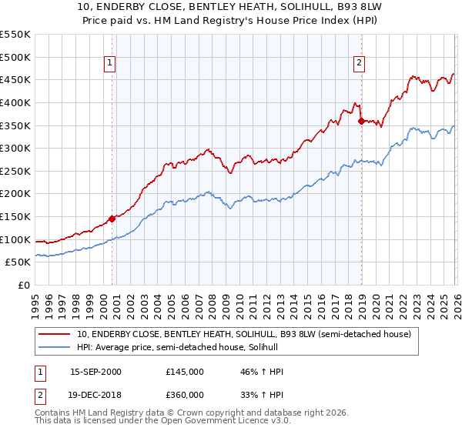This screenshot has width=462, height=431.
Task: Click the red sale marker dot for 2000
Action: coord(112,219)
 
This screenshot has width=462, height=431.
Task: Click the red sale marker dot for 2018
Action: coord(360,120)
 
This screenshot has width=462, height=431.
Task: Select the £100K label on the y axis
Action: coord(15,239)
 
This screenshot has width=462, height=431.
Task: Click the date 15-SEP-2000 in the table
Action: coord(95,372)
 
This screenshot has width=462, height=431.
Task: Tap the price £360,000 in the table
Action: coord(185,394)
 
